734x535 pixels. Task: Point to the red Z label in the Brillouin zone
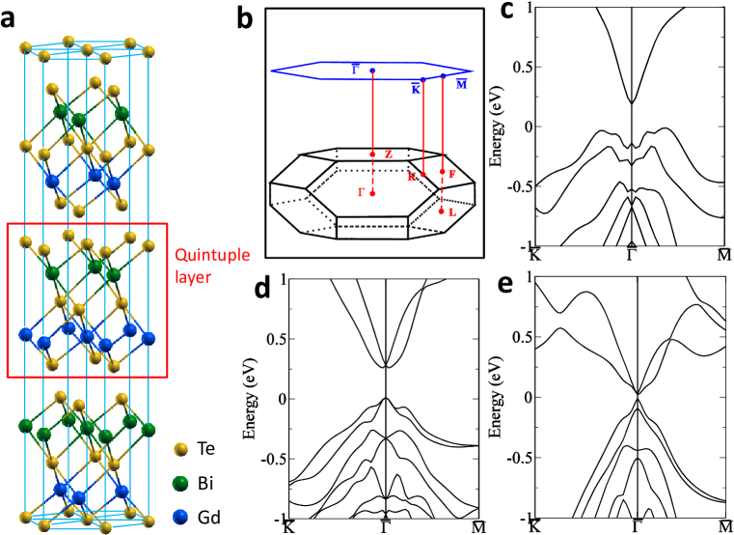388,154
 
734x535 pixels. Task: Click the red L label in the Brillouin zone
451,211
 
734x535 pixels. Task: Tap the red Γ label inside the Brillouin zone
361,192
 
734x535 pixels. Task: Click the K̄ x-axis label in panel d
286,526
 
